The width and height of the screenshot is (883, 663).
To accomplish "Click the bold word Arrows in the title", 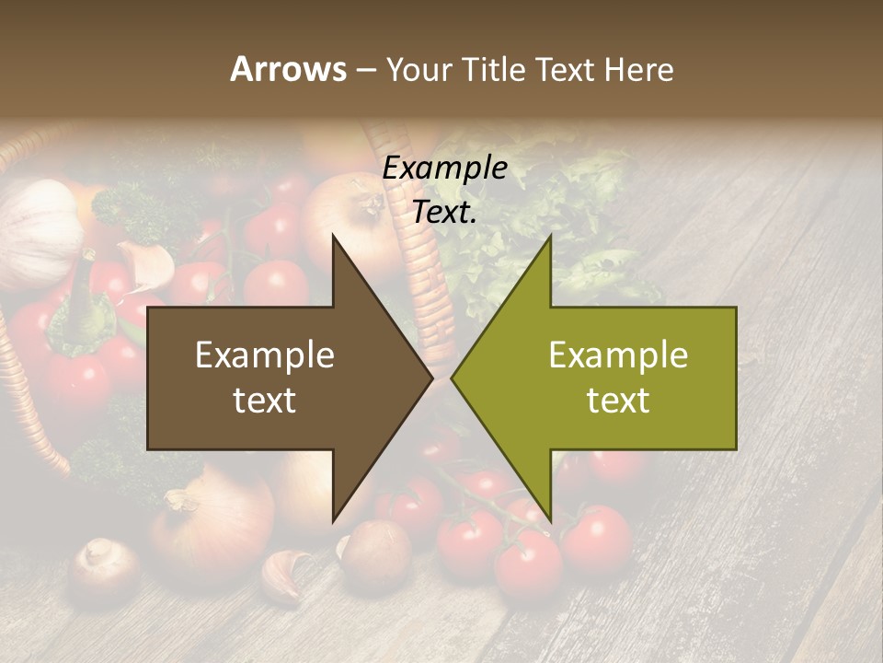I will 288,69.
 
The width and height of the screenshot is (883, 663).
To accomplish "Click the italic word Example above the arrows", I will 445,169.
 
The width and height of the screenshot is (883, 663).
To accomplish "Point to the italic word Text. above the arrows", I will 445,212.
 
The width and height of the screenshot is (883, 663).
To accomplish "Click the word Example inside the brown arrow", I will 265,355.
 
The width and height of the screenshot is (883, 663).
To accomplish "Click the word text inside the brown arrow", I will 265,401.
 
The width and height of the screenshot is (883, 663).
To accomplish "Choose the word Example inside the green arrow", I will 618,355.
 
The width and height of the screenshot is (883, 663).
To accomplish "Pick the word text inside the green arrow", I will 618,401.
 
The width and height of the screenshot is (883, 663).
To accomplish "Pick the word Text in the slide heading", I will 564,69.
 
